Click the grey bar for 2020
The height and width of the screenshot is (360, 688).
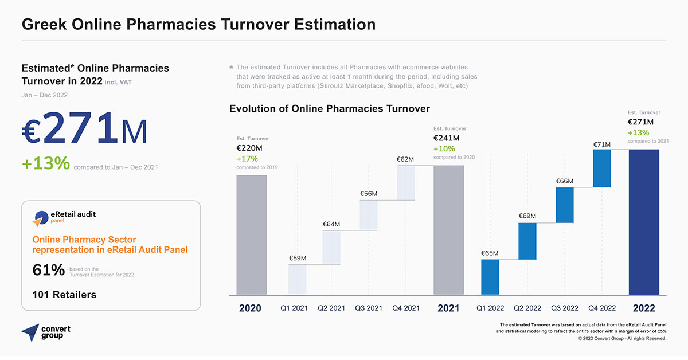[x=252, y=234]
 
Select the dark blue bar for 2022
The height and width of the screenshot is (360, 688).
[x=644, y=222]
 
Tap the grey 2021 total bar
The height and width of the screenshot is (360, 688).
[x=448, y=230]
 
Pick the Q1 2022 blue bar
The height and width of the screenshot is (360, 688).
[x=490, y=277]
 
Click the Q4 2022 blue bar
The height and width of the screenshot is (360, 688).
[x=602, y=168]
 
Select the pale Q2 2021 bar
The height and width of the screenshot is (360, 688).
[x=331, y=247]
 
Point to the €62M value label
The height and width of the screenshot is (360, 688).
[x=405, y=159]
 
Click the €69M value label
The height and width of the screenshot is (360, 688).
[x=527, y=216]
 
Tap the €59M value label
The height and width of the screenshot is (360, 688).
[x=297, y=258]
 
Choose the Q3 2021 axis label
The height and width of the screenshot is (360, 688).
[x=369, y=308]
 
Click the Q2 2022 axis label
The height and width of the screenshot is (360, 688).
[x=527, y=308]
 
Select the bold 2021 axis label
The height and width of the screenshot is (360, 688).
[x=448, y=308]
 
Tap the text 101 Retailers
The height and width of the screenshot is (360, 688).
[x=64, y=295]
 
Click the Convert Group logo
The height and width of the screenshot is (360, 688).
[x=46, y=332]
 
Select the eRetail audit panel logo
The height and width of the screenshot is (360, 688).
[x=64, y=217]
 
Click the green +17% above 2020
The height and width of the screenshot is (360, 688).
[x=247, y=159]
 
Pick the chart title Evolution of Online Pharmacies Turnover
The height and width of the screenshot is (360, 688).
[x=330, y=109]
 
